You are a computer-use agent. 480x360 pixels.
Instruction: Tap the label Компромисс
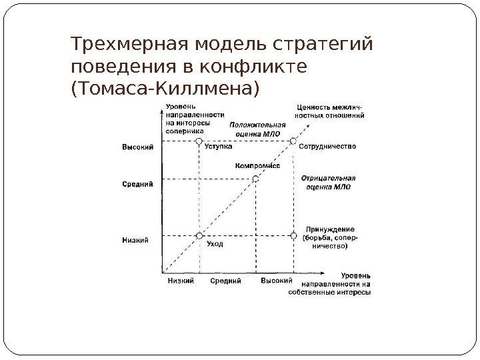click(x=257, y=165)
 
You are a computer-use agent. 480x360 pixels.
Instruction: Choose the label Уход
click(x=215, y=244)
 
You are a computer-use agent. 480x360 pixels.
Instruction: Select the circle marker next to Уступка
click(x=199, y=141)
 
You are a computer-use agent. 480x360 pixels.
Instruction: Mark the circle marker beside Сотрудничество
click(x=293, y=141)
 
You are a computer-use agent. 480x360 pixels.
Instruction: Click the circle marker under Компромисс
click(x=255, y=179)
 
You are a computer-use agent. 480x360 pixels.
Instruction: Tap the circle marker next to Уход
click(x=199, y=235)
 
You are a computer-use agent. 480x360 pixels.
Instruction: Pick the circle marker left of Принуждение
click(x=293, y=235)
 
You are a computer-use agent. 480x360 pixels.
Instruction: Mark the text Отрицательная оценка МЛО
click(x=329, y=183)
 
